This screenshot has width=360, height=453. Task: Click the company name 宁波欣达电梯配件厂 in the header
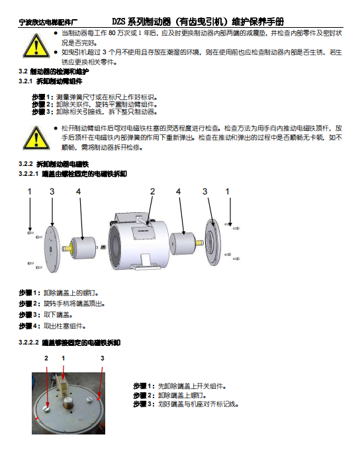[x=48, y=22]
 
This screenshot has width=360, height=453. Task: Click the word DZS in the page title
[x=118, y=22]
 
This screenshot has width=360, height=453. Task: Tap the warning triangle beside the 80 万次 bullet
[x=36, y=46]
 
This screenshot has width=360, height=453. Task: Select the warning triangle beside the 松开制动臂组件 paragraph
[x=36, y=138]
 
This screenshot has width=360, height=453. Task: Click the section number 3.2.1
[x=25, y=81]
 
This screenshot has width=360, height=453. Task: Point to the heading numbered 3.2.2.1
[x=73, y=174]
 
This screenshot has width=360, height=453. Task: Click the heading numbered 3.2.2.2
[x=69, y=343]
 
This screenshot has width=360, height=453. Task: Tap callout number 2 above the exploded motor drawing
[x=152, y=192]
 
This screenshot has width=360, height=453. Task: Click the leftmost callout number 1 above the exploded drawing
[x=30, y=192]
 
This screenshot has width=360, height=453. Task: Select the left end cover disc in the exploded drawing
[x=52, y=249]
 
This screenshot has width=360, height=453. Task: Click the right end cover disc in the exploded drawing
[x=212, y=242]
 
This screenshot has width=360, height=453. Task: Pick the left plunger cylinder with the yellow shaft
[x=79, y=248]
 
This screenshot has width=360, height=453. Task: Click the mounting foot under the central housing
[x=146, y=261]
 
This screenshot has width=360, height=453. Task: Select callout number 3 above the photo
[x=102, y=358]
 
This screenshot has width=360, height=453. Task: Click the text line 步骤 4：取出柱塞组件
[x=52, y=326]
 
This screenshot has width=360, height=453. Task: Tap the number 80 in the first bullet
[x=112, y=33]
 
